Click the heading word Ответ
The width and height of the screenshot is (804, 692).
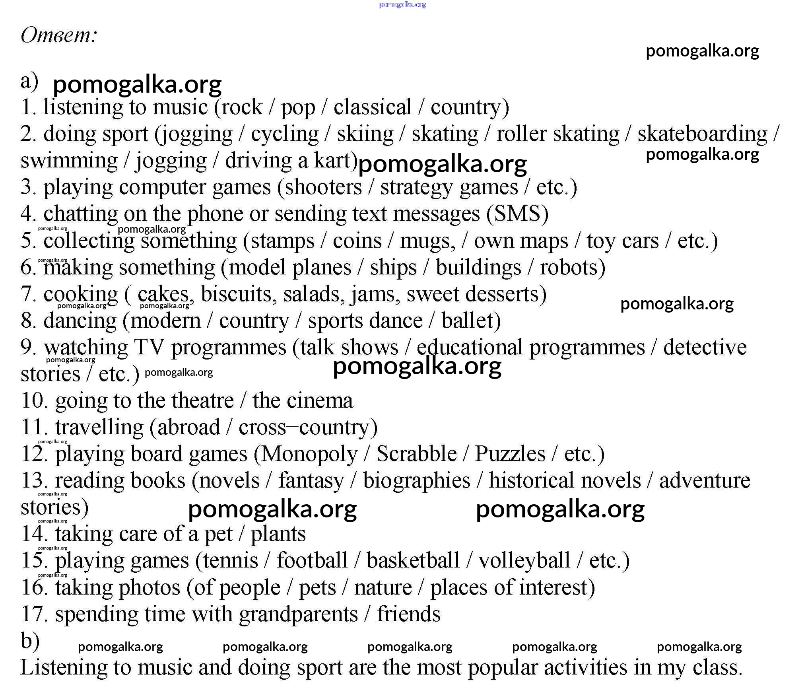click(x=58, y=35)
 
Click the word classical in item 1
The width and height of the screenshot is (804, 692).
click(x=372, y=107)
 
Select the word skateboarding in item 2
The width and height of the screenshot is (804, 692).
click(x=702, y=134)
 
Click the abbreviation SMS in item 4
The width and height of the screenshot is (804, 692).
click(x=517, y=214)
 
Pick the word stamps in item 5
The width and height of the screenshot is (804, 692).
click(x=282, y=241)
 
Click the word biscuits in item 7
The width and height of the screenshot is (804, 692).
click(x=237, y=294)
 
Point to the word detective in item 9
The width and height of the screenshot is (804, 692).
click(x=705, y=347)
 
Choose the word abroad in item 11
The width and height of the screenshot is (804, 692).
click(x=188, y=427)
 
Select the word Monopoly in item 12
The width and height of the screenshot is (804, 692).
click(x=309, y=454)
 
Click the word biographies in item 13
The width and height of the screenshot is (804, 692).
click(x=416, y=480)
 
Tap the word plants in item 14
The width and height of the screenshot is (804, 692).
click(x=278, y=534)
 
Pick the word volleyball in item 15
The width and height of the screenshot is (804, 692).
click(x=524, y=560)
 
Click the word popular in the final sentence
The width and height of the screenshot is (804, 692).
click(x=503, y=668)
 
